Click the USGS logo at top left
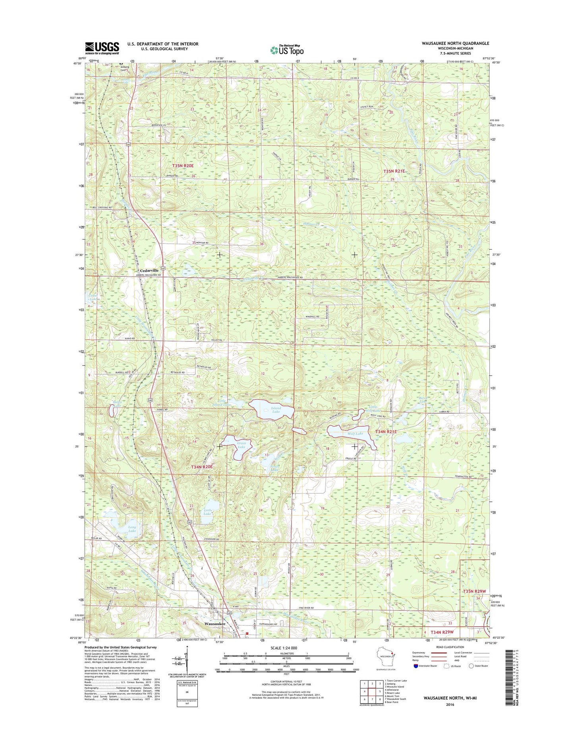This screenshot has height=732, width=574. coord(102,48)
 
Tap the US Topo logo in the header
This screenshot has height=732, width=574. coord(287,50)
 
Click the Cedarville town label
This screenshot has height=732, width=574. coord(149,270)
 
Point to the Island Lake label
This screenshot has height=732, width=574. coord(276,410)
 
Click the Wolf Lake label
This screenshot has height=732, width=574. coord(355,434)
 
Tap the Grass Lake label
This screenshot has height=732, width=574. coord(241,445)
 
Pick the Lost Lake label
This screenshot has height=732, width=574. coord(207,512)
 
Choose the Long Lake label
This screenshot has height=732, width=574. coord(132,529)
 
